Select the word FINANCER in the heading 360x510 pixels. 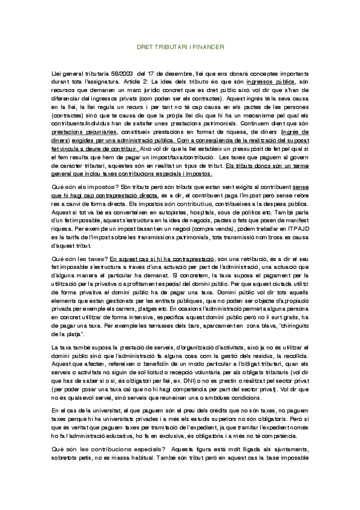click(x=209, y=45)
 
